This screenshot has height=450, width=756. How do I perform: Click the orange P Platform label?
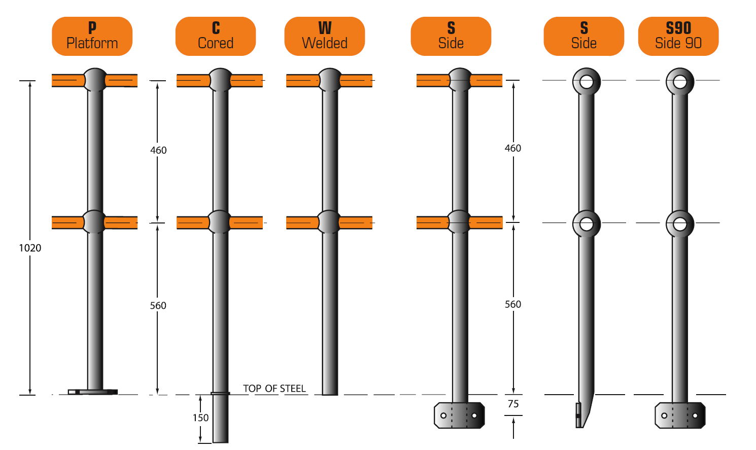coord(92,36)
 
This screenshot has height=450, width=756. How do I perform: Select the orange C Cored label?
coord(216,36)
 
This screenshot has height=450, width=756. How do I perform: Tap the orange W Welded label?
coord(325,36)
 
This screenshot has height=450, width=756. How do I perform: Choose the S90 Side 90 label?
coord(678,36)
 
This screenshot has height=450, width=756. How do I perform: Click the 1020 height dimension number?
coord(30,248)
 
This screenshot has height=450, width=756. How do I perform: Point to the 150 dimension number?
coord(200,417)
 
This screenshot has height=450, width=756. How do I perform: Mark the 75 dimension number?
coord(513,404)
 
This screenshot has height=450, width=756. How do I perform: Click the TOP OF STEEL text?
coord(274,389)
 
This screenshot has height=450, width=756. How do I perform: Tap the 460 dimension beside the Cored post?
coord(158,150)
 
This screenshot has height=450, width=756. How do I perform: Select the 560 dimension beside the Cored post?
coord(158,306)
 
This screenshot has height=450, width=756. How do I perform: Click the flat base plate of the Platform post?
coord(93,392)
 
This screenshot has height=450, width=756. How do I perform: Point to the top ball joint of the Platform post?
coord(95,80)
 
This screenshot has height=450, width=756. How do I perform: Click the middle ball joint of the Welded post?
coord(330,222)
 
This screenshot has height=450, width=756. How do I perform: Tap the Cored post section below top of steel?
coord(220,419)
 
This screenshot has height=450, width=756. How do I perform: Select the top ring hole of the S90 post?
coord(680,81)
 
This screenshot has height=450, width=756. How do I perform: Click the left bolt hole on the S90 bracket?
coord(664,415)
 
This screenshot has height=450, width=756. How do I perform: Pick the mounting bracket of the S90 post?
coord(680,415)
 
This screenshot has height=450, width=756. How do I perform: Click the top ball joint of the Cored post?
coord(220,80)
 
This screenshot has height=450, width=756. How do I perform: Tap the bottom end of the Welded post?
coord(330,391)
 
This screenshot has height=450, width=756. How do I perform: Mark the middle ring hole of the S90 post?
coord(680,223)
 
